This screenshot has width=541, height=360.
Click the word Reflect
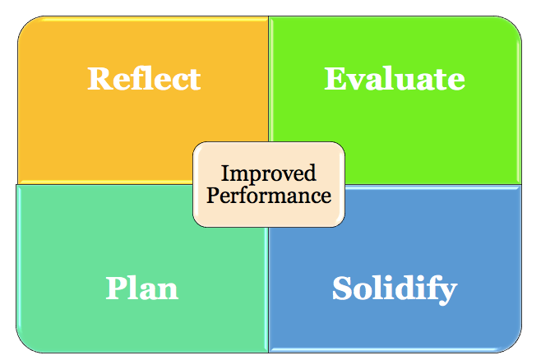pyautogui.click(x=144, y=79)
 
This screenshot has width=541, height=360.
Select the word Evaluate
pyautogui.click(x=395, y=79)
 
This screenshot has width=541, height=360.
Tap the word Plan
pyautogui.click(x=142, y=288)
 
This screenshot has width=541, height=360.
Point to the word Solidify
pyautogui.click(x=395, y=288)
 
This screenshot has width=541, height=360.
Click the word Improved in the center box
pyautogui.click(x=269, y=174)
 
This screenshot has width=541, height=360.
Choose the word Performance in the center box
pyautogui.click(x=269, y=196)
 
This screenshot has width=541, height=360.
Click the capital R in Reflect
pyautogui.click(x=99, y=79)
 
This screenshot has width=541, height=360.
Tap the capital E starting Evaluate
pyautogui.click(x=335, y=79)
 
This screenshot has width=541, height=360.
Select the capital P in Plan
pyautogui.click(x=116, y=288)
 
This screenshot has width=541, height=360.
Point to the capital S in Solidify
pyautogui.click(x=342, y=288)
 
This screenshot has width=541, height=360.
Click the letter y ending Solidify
pyautogui.click(x=448, y=292)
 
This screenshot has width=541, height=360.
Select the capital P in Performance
pyautogui.click(x=212, y=196)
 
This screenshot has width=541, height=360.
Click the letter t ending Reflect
pyautogui.click(x=194, y=80)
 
